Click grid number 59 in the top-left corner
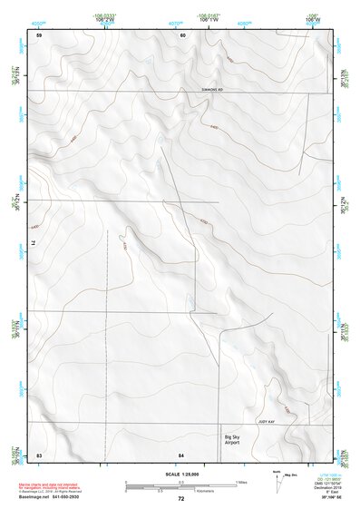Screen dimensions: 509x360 tap(39, 35)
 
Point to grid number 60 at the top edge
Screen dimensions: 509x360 tap(181, 35)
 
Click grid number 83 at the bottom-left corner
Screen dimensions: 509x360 tap(39, 454)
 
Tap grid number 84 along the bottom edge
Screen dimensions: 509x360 tap(181, 454)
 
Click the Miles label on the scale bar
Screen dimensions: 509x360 tap(241, 481)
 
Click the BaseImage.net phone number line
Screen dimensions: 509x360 tap(44, 497)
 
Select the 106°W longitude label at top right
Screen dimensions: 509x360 tap(312, 18)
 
